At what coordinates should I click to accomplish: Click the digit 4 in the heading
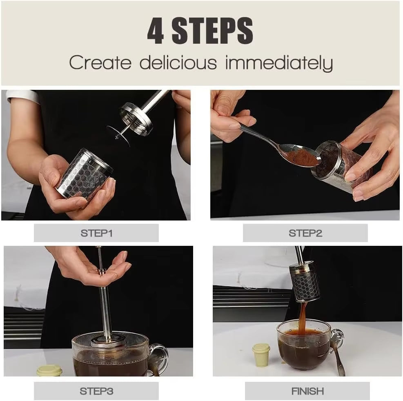pyautogui.click(x=156, y=31)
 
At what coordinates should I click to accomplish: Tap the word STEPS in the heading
pyautogui.click(x=212, y=31)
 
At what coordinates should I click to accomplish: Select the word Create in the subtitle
pyautogui.click(x=100, y=63)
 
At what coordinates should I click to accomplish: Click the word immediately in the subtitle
pyautogui.click(x=279, y=64)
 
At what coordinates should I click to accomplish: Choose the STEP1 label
pyautogui.click(x=96, y=233)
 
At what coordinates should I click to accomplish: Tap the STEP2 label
pyautogui.click(x=305, y=233)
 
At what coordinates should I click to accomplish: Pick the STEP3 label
pyautogui.click(x=96, y=391)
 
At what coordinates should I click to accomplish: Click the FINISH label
pyautogui.click(x=307, y=391)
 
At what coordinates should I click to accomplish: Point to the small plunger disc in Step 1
pyautogui.click(x=118, y=135)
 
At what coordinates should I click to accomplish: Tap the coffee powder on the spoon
pyautogui.click(x=304, y=157)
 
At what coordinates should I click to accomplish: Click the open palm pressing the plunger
pyautogui.click(x=102, y=270)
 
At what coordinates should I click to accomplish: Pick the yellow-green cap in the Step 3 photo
pyautogui.click(x=49, y=370)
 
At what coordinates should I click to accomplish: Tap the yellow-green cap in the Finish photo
pyautogui.click(x=261, y=354)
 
